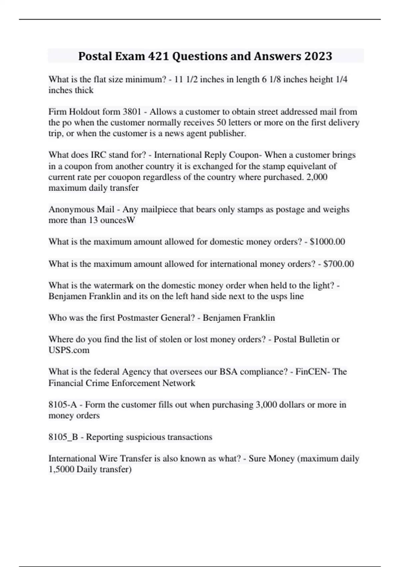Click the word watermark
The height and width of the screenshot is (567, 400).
pyautogui.click(x=99, y=286)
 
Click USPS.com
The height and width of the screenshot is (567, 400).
pyautogui.click(x=69, y=350)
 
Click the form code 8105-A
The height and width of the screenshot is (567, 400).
pyautogui.click(x=63, y=405)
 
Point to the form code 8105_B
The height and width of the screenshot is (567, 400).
pyautogui.click(x=63, y=437)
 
